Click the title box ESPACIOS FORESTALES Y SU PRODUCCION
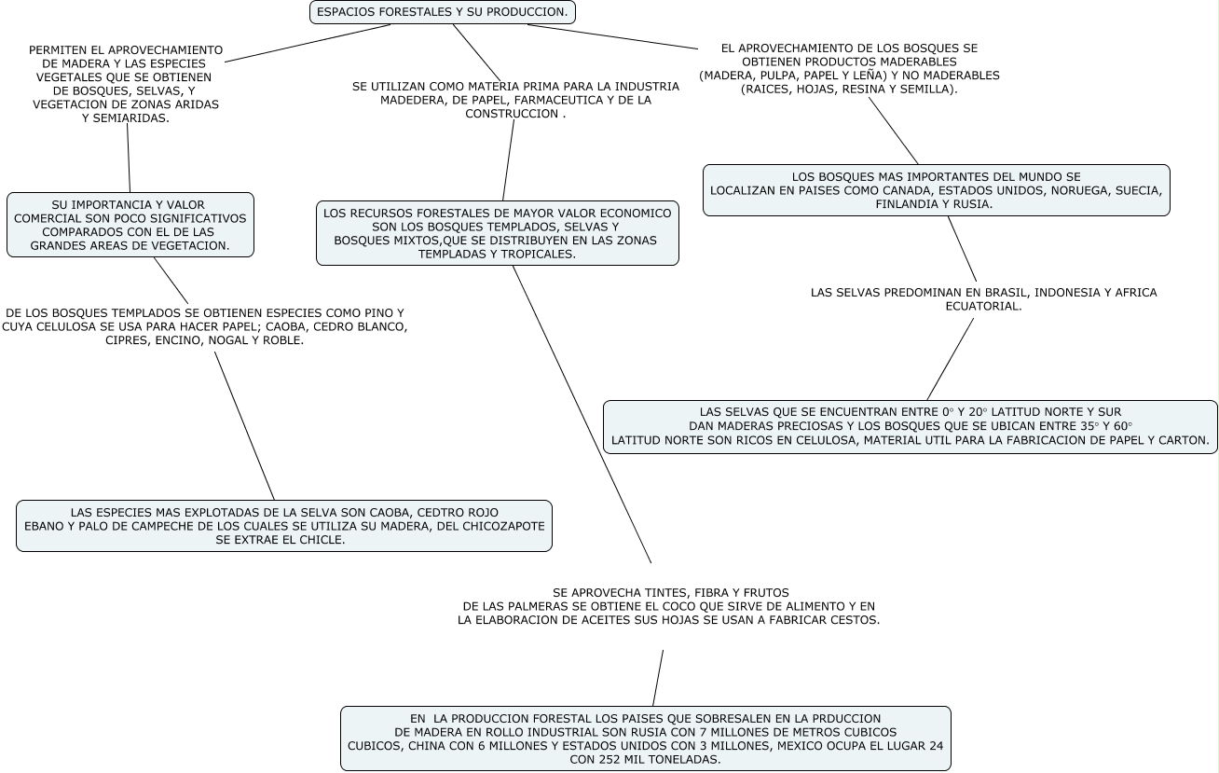[442, 12]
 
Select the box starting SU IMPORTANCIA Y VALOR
[130, 225]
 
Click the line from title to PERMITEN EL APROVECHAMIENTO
[308, 43]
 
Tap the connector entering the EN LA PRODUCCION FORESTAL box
[658, 678]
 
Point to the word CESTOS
[856, 620]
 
